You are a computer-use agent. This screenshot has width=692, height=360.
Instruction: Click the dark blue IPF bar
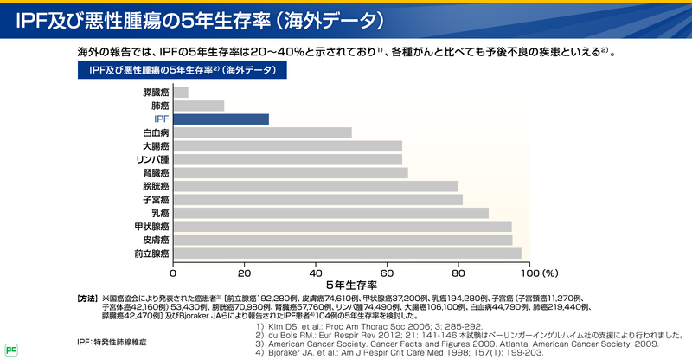click(221, 119)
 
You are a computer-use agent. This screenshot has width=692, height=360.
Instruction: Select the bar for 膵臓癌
click(181, 93)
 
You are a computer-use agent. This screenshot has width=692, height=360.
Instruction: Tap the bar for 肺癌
click(199, 106)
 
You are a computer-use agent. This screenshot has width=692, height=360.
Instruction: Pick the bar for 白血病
click(263, 132)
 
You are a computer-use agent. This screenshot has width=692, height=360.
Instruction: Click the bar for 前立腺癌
click(348, 254)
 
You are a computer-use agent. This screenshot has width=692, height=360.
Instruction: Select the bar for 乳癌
click(331, 213)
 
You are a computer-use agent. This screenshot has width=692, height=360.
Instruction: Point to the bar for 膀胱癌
click(316, 186)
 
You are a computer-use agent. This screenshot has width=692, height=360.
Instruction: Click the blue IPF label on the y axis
click(162, 119)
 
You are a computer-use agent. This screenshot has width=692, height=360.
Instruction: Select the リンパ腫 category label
click(153, 159)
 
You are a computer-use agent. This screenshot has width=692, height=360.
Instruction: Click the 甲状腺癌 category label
click(152, 227)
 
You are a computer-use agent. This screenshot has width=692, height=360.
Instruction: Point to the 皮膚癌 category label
click(156, 240)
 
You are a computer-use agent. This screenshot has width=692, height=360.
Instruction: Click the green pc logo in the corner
click(10, 350)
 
